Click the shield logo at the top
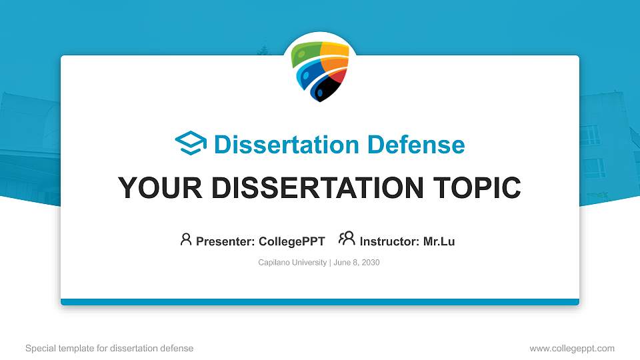tap(321, 71)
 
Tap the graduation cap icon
tap(191, 143)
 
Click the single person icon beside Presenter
tap(186, 239)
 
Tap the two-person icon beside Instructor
tap(347, 239)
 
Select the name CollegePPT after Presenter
tap(291, 241)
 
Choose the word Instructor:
tap(389, 241)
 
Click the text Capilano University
tap(292, 263)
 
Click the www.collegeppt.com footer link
tap(571, 348)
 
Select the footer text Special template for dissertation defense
tap(109, 348)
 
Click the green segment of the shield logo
tap(308, 51)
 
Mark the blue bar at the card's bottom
tap(320, 302)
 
